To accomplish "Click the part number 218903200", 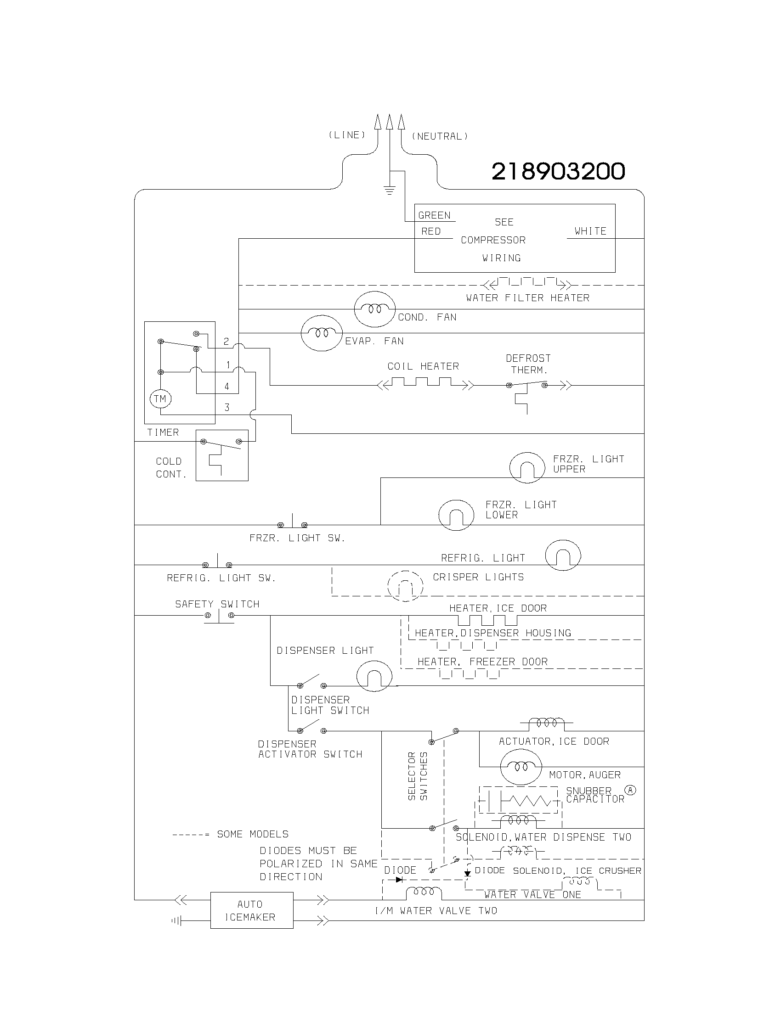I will tap(558, 172).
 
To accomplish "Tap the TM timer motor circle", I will tap(160, 398).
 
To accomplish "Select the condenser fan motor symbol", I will tap(374, 309).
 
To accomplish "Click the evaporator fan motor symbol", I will tap(322, 333).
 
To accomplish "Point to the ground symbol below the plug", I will tap(390, 190).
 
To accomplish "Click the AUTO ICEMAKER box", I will tap(252, 910).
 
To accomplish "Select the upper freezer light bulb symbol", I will tap(527, 468).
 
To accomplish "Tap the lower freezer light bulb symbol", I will tap(456, 515).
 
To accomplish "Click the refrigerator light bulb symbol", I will tap(563, 555).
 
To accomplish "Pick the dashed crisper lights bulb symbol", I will tap(405, 586).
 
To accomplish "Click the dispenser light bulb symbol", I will tap(374, 676).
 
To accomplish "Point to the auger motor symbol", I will tap(521, 767).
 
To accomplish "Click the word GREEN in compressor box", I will tap(434, 215).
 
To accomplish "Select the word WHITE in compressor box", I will tap(590, 231).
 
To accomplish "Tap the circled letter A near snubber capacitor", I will tap(630, 790).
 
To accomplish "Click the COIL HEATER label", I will tap(423, 366).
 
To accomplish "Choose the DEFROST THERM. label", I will tap(528, 364).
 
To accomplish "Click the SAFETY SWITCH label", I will tap(217, 604).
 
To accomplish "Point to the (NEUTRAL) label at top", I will tap(440, 136).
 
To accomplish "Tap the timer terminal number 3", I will tap(226, 407).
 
